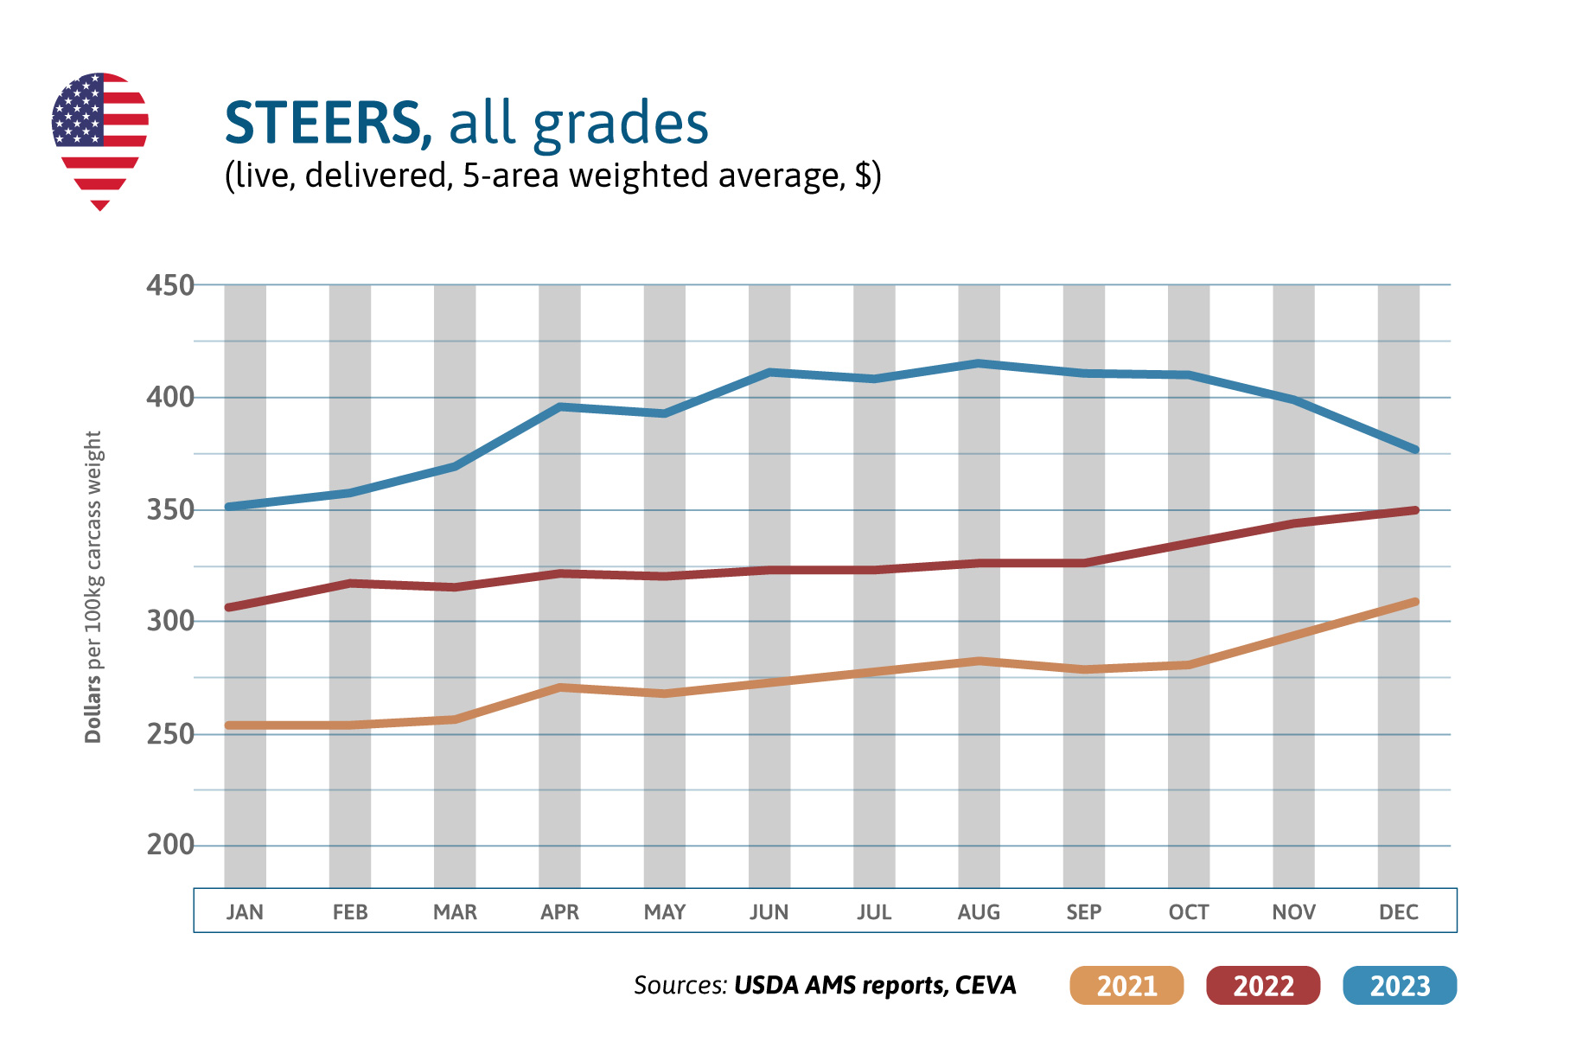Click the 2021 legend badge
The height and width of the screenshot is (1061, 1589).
tap(1126, 986)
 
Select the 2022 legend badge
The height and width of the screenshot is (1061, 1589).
tap(1263, 986)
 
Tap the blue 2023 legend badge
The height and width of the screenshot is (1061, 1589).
tap(1400, 986)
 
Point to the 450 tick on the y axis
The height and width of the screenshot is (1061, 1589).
tap(170, 285)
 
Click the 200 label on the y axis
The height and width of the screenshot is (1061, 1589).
tap(170, 845)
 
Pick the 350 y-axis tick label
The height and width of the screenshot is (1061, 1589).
tap(170, 510)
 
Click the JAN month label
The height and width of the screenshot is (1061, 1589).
tap(245, 912)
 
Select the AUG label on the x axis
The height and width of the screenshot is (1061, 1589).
tap(979, 912)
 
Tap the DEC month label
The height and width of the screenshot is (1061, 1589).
tap(1398, 912)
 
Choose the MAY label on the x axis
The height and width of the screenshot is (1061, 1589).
tap(664, 912)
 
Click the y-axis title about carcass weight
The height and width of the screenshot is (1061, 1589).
tap(93, 587)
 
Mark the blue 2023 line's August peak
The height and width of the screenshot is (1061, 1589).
tap(979, 363)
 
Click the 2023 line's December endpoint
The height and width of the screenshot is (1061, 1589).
tap(1414, 450)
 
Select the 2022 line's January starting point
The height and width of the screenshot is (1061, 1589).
tap(229, 607)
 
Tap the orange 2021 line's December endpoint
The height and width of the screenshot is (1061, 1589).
tap(1414, 602)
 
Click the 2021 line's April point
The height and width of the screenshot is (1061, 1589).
tap(560, 687)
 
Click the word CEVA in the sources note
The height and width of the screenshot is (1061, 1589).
tap(986, 986)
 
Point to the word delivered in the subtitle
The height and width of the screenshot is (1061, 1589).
tap(379, 176)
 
